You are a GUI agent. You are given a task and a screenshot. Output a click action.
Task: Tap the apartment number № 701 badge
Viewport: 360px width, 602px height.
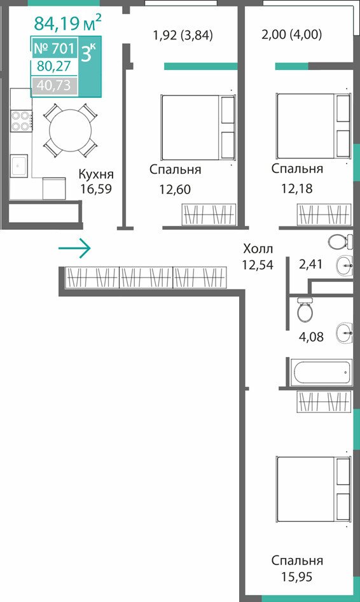click(x=55, y=48)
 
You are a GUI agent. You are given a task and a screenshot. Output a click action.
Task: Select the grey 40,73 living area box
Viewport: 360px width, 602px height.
click(x=55, y=86)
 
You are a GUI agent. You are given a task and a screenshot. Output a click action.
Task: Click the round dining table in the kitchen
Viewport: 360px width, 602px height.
click(x=71, y=130)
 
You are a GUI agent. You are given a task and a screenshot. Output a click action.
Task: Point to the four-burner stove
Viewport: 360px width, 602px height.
click(x=21, y=120)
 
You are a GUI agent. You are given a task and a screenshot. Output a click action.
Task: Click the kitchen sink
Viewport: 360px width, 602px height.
click(x=19, y=165)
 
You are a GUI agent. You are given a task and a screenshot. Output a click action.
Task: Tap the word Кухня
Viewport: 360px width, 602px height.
click(x=96, y=174)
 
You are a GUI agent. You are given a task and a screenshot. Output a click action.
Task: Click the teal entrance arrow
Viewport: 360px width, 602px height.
click(x=74, y=249)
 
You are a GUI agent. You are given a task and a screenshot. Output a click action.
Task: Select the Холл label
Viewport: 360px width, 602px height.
click(x=258, y=249)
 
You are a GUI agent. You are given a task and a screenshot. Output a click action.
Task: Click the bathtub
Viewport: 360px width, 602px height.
click(x=321, y=372)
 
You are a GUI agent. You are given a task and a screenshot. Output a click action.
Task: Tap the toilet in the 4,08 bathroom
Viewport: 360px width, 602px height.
click(x=305, y=310)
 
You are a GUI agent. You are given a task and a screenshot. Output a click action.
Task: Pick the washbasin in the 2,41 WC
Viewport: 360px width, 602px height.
click(x=345, y=265)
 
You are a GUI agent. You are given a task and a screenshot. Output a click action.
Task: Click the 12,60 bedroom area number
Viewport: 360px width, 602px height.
click(x=175, y=189)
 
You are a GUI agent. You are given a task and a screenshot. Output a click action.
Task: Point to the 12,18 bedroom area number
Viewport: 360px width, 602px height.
click(x=296, y=188)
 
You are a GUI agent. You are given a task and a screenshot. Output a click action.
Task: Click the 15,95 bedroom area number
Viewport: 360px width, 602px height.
click(x=296, y=577)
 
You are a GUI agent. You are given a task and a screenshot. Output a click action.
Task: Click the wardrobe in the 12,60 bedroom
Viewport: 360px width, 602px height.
click(x=209, y=214)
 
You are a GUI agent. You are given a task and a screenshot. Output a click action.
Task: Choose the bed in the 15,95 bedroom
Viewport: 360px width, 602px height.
click(x=314, y=489)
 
